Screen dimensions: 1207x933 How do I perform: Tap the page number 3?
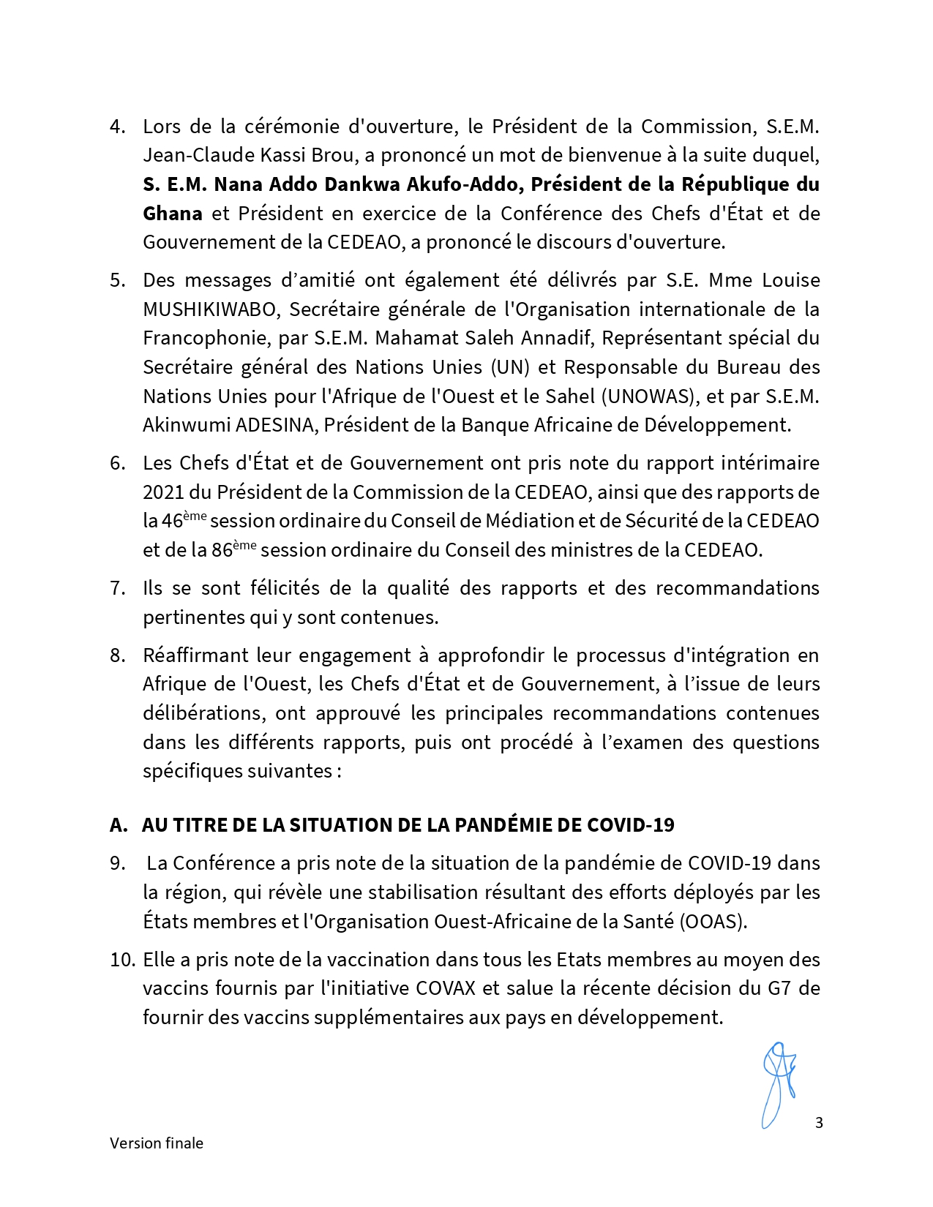pyautogui.click(x=819, y=1123)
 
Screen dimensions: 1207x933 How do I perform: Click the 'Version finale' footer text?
pyautogui.click(x=157, y=1143)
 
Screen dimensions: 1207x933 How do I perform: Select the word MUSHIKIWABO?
pyautogui.click(x=211, y=309)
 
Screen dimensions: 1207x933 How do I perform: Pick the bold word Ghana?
pyautogui.click(x=172, y=214)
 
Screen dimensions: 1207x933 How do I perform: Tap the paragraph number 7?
pyautogui.click(x=118, y=588)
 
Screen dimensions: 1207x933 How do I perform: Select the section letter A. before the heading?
pyautogui.click(x=118, y=825)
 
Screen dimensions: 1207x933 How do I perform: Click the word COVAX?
pyautogui.click(x=446, y=988)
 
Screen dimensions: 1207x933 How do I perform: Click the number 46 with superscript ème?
pyautogui.click(x=172, y=522)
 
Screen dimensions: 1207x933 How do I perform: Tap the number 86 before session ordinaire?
pyautogui.click(x=222, y=550)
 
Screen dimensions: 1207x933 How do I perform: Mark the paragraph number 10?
pyautogui.click(x=121, y=960)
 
